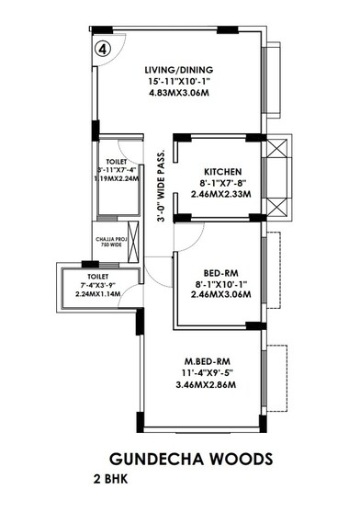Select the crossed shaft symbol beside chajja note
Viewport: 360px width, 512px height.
coord(135,246)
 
